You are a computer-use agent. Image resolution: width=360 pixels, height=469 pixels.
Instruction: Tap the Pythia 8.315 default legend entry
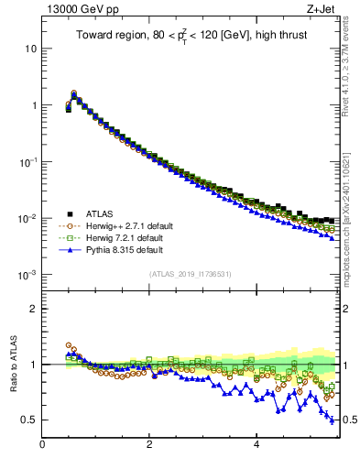[x=123, y=249]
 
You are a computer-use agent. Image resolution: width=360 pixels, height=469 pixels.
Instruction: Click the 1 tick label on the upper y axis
[x=34, y=105]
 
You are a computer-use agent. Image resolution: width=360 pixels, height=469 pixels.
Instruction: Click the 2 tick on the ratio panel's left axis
[x=34, y=309]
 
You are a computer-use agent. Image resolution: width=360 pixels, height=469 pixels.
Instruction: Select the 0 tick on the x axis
[x=42, y=445]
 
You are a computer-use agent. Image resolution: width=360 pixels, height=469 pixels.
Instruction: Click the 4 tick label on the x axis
[x=256, y=445]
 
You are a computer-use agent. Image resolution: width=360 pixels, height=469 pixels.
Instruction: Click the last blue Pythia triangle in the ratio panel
[x=332, y=420]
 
